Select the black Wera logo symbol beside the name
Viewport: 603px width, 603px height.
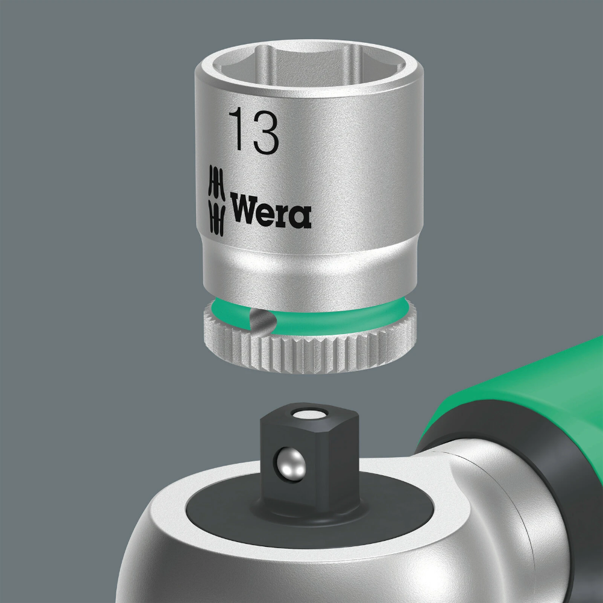(x=216, y=200)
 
